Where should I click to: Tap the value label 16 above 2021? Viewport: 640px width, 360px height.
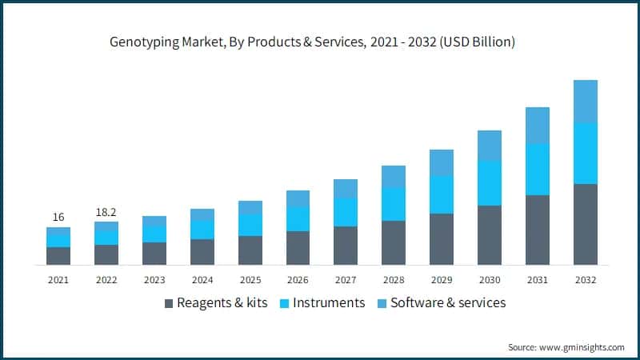58,217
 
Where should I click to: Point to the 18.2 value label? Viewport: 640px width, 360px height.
106,212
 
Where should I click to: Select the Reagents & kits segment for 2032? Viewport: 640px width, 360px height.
586,224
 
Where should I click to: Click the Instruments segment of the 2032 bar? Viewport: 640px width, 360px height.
586,154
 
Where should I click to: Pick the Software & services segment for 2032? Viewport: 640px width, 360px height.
586,102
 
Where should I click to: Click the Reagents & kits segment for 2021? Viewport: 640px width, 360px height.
58,256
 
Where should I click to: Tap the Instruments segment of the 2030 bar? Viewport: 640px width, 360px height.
490,182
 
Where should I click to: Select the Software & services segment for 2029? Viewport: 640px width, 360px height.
442,162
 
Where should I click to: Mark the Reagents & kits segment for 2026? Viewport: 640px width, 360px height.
298,248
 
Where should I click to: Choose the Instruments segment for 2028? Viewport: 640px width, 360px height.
394,204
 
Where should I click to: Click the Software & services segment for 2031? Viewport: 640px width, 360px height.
538,126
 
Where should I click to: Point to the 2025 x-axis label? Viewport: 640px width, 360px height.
250,280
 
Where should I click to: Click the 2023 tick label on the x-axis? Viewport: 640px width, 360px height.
154,280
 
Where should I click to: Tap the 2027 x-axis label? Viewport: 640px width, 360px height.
346,280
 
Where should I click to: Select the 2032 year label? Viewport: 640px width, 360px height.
586,280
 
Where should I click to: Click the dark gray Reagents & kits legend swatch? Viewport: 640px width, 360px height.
168,303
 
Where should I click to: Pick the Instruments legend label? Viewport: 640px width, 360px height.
329,302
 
